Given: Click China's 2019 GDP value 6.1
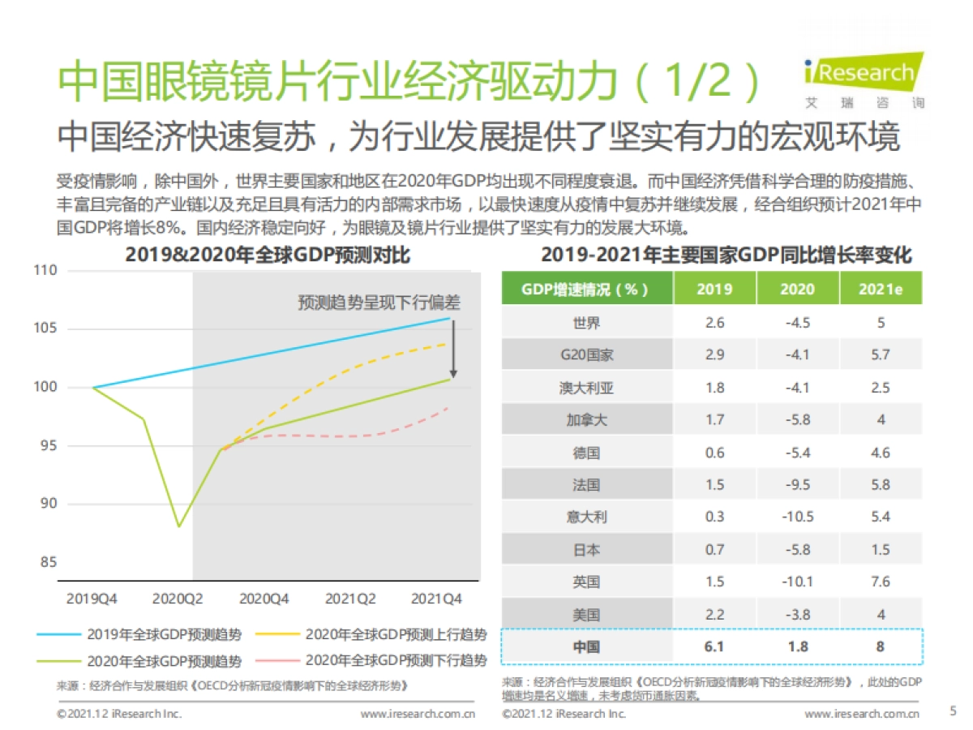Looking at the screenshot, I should [x=714, y=646].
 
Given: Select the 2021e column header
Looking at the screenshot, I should [x=881, y=289].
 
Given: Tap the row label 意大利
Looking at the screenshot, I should [x=586, y=517].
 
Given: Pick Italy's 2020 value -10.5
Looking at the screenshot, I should [x=798, y=517].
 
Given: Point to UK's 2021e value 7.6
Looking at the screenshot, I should [x=881, y=582].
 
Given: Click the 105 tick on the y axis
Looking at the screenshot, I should [x=46, y=328].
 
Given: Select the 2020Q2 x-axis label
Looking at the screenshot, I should [x=178, y=599].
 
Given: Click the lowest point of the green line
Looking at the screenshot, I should [x=179, y=526].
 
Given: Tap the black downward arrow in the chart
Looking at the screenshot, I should [x=453, y=349].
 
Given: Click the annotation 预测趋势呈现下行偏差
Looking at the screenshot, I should [x=378, y=303].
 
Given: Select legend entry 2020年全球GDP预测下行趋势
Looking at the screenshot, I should [x=396, y=659].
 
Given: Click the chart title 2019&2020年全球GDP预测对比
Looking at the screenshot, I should [x=268, y=255].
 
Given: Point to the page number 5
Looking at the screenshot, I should [x=953, y=711].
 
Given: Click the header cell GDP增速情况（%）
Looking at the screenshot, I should [x=585, y=289].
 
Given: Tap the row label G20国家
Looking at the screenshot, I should [x=586, y=354].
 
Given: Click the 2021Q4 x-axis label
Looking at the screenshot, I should [x=438, y=599].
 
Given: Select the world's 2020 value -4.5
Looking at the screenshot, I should [x=798, y=322].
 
